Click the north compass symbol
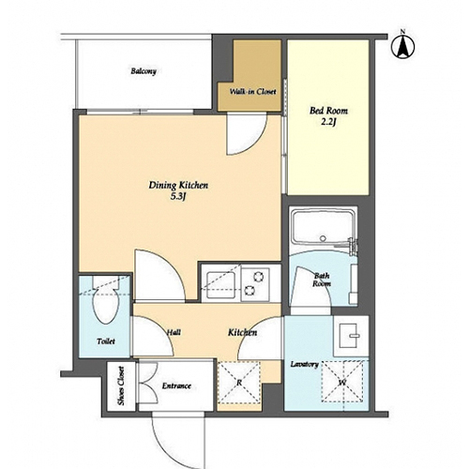[x=403, y=46]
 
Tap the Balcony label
[x=144, y=71]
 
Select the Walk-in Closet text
[x=253, y=92]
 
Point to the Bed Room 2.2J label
[x=328, y=116]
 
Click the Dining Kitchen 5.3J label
[x=178, y=190]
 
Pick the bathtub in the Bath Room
[x=324, y=228]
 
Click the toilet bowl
[x=106, y=305]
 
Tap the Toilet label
[x=106, y=341]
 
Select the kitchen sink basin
[x=221, y=284]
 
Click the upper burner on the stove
[x=258, y=277]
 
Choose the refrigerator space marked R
[x=239, y=382]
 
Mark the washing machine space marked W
[x=342, y=382]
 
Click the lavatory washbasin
[x=351, y=336]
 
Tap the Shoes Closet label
[x=121, y=386]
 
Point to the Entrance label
[x=176, y=386]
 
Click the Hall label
[x=174, y=332]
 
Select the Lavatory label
[x=304, y=365]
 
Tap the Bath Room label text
[x=322, y=280]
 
